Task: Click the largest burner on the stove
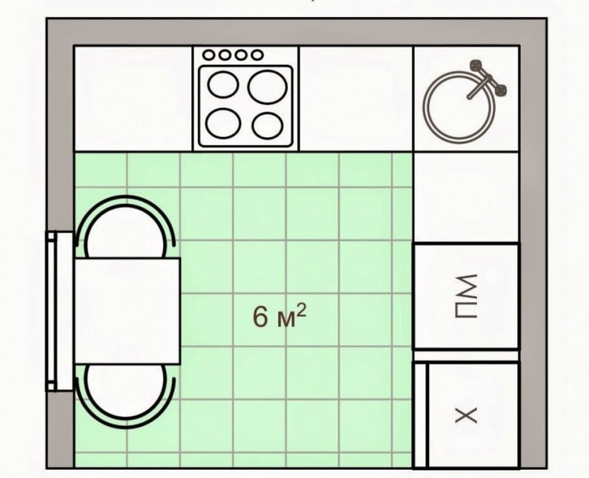tap(268, 88)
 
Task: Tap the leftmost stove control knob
tap(209, 55)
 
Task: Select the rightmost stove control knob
tap(258, 55)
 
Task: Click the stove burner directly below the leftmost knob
tap(224, 84)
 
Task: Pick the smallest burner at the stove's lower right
tap(268, 125)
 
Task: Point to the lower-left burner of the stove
tap(224, 124)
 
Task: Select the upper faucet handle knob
tap(476, 65)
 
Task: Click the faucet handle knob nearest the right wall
tap(501, 90)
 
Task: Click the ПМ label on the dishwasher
tap(467, 296)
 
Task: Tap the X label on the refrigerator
tap(466, 415)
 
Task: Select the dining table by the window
tap(128, 311)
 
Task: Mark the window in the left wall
tap(60, 311)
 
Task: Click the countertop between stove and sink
tap(356, 98)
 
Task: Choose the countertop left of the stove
tap(133, 98)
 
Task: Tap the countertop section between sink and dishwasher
tap(466, 198)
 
